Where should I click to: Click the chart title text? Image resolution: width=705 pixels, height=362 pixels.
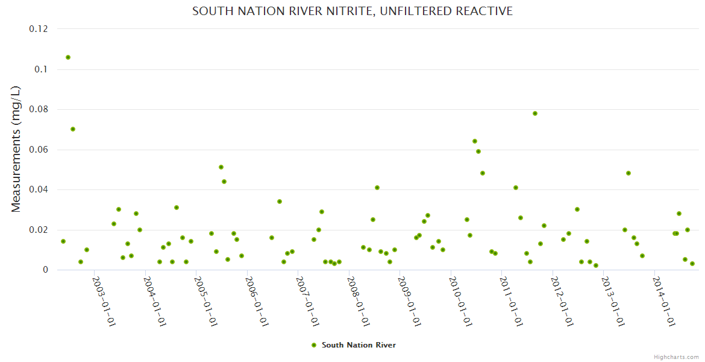point(352,11)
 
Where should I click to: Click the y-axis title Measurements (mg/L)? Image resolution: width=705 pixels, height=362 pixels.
point(16,148)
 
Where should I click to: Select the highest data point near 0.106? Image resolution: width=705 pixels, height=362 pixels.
point(68,57)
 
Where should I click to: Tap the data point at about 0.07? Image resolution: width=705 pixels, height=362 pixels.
point(73,129)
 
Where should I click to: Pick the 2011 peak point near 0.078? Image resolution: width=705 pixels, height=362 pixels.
point(534,113)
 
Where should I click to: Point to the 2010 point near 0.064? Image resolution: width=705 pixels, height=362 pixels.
point(474,141)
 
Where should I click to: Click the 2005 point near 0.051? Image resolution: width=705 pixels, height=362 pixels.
point(221,167)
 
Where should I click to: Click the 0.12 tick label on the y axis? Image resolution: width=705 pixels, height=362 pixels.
point(38,29)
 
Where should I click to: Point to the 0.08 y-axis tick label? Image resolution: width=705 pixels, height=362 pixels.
point(38,109)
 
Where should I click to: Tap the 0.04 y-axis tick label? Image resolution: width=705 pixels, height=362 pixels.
point(38,189)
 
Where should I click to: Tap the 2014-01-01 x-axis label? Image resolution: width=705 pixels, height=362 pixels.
point(663,302)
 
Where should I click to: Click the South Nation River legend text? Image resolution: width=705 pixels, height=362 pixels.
point(359,345)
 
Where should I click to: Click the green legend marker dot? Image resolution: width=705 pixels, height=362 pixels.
point(313,345)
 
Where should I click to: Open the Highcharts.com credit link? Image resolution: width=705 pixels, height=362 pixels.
point(676,357)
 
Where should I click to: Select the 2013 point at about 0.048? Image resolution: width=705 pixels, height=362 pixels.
point(628,173)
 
